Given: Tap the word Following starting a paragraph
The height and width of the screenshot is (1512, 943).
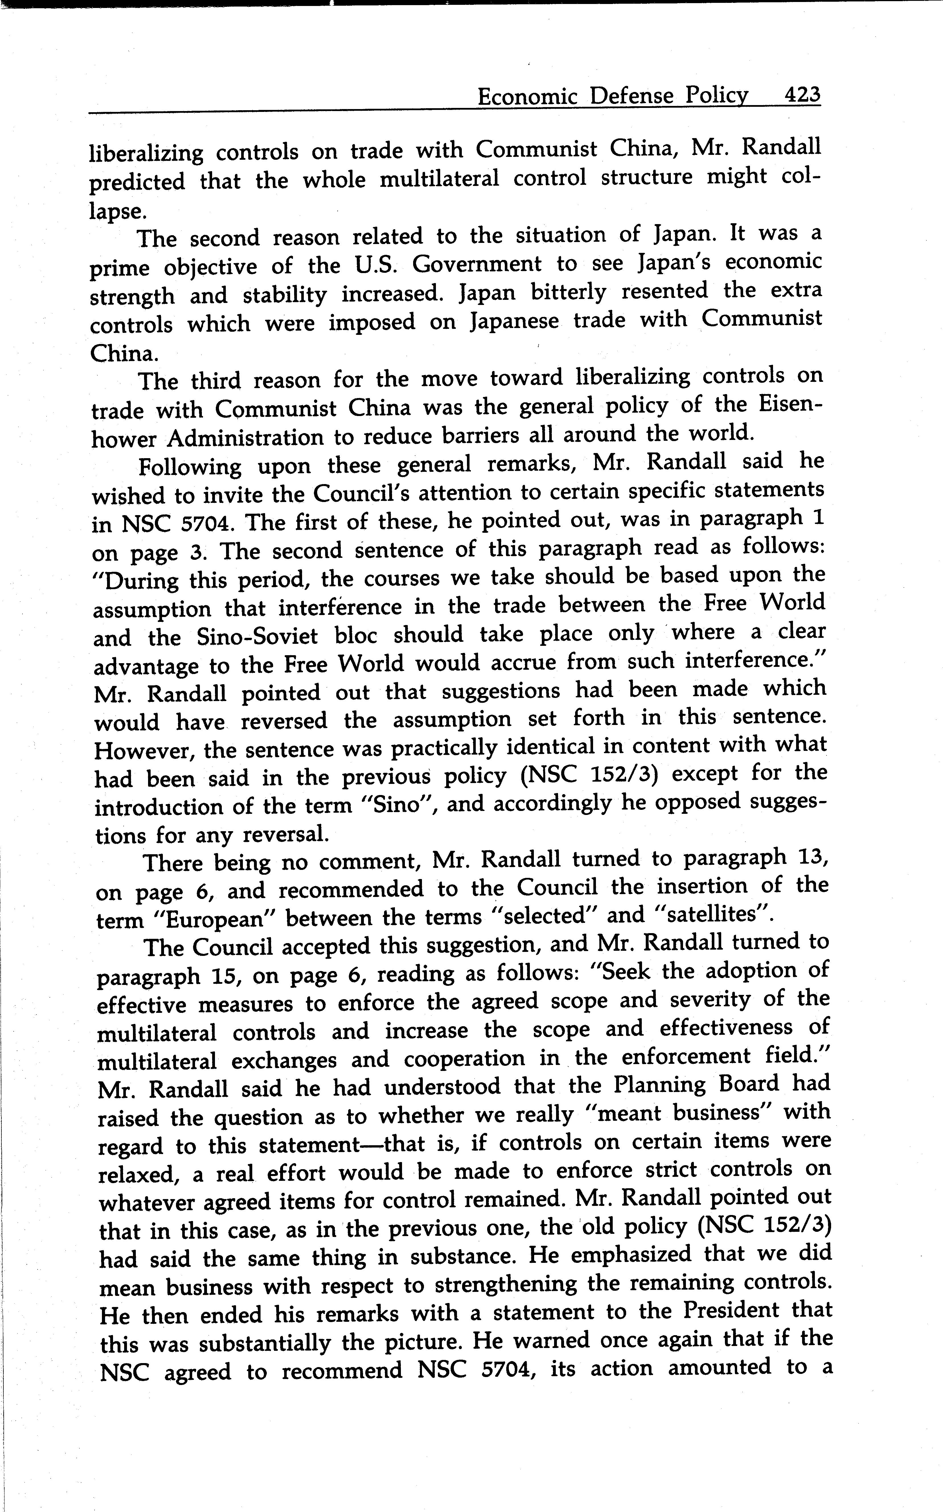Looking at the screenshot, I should click(190, 467).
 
